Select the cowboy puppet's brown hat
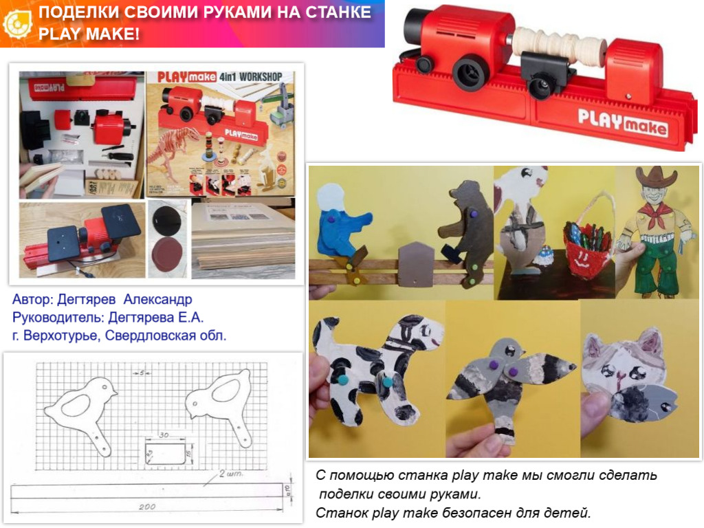(x=656, y=178)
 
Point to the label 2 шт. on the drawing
(x=228, y=474)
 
